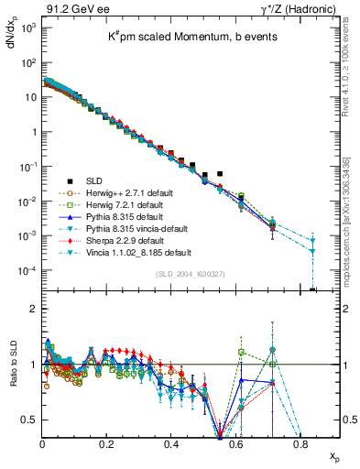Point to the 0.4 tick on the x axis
pos(171,444)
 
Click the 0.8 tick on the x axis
pos(300,444)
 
